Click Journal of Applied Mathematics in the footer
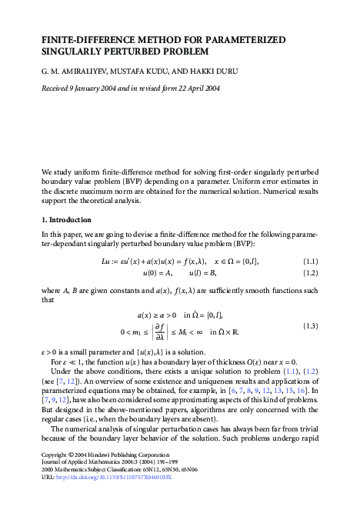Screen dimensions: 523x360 point(82,484)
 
